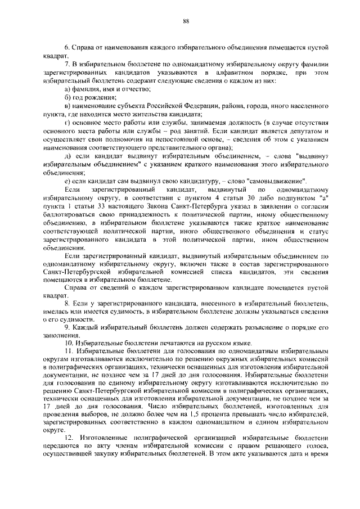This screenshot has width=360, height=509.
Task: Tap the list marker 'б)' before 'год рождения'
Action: [67, 97]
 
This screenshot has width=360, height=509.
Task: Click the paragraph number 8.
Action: [67, 301]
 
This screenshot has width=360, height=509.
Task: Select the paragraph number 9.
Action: [67, 326]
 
